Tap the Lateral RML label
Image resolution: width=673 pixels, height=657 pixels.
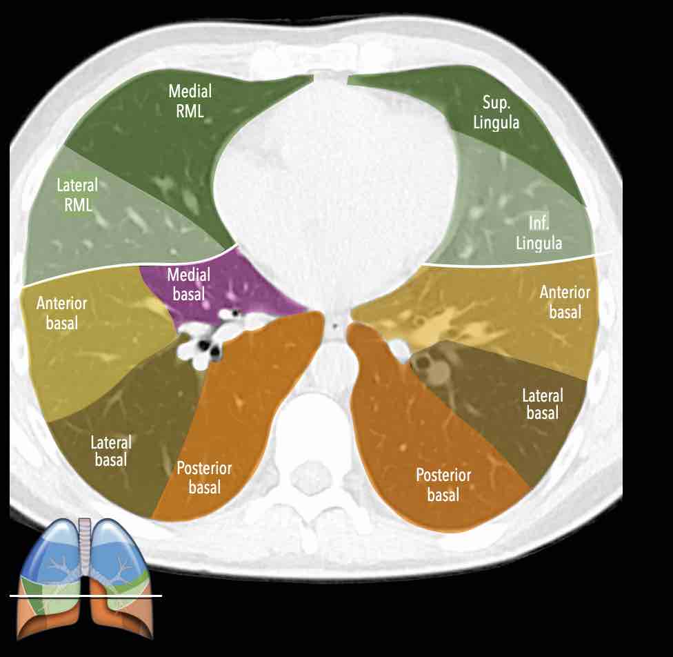click(x=77, y=195)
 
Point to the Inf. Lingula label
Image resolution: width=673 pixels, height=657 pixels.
click(x=545, y=233)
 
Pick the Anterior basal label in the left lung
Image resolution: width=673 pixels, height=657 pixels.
click(x=565, y=302)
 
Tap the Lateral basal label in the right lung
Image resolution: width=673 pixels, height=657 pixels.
click(x=111, y=450)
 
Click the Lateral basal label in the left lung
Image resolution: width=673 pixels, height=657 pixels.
click(x=543, y=404)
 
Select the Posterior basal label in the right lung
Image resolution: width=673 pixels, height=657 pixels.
click(x=204, y=478)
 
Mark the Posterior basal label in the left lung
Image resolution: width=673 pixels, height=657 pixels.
click(x=443, y=484)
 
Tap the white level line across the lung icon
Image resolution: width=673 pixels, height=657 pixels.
click(x=86, y=595)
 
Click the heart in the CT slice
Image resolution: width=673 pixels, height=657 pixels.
click(x=338, y=179)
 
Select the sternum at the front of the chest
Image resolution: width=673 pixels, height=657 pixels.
click(x=331, y=77)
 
